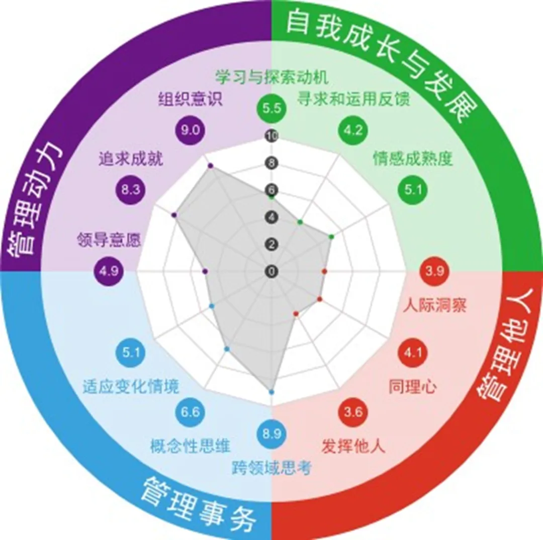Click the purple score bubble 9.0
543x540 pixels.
pos(191,130)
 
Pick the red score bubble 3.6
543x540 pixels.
pos(353,412)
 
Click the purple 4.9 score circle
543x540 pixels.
pos(109,271)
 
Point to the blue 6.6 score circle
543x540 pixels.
pos(190,412)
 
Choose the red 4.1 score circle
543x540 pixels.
pos(413,353)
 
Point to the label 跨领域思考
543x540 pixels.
pos(271,468)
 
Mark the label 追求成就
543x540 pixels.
pos(130,160)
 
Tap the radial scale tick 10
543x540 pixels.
pos(271,136)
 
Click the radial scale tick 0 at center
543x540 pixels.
pos(271,271)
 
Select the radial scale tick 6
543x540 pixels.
pos(271,190)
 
